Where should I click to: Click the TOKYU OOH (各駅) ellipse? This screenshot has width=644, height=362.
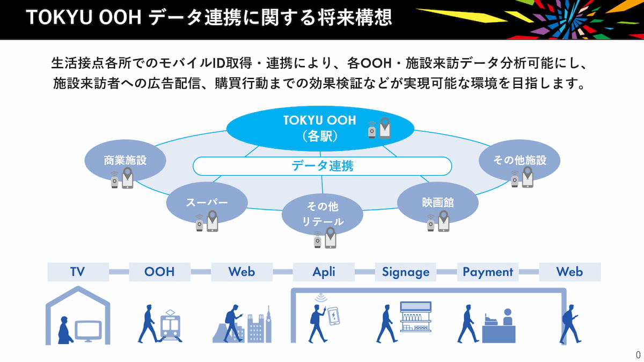320,128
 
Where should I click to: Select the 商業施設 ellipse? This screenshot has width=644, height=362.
125,160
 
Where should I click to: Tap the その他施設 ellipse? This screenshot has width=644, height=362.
519,160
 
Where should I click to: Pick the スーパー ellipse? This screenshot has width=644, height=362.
207,202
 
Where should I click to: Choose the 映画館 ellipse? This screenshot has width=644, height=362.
437,202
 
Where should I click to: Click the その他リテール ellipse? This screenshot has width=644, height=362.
322,214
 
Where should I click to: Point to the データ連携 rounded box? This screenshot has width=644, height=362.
322,166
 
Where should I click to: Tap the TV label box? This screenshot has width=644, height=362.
78,272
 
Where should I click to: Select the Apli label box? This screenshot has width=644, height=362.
324,272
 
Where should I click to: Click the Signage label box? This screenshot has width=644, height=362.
406,272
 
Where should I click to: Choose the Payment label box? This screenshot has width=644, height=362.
487,272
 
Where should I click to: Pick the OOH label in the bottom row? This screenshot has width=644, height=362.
159,272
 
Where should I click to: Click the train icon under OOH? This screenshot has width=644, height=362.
171,326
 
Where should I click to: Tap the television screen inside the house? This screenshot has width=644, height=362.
88,330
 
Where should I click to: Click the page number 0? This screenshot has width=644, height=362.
638,354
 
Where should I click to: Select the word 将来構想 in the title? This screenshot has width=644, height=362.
360,18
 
